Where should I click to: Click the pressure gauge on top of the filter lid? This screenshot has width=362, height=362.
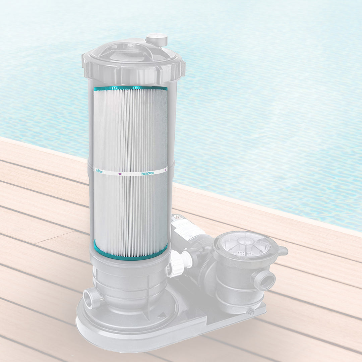click(157, 39)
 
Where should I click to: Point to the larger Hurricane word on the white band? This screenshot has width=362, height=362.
click(147, 173)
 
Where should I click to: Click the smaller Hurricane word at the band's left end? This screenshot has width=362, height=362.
click(99, 171)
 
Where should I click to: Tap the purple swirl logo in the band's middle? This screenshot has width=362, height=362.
click(120, 174)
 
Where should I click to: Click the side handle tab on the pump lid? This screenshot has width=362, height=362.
click(282, 251)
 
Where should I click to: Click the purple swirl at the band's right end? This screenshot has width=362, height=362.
click(166, 170)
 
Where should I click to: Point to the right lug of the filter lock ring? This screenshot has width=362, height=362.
click(181, 69)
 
